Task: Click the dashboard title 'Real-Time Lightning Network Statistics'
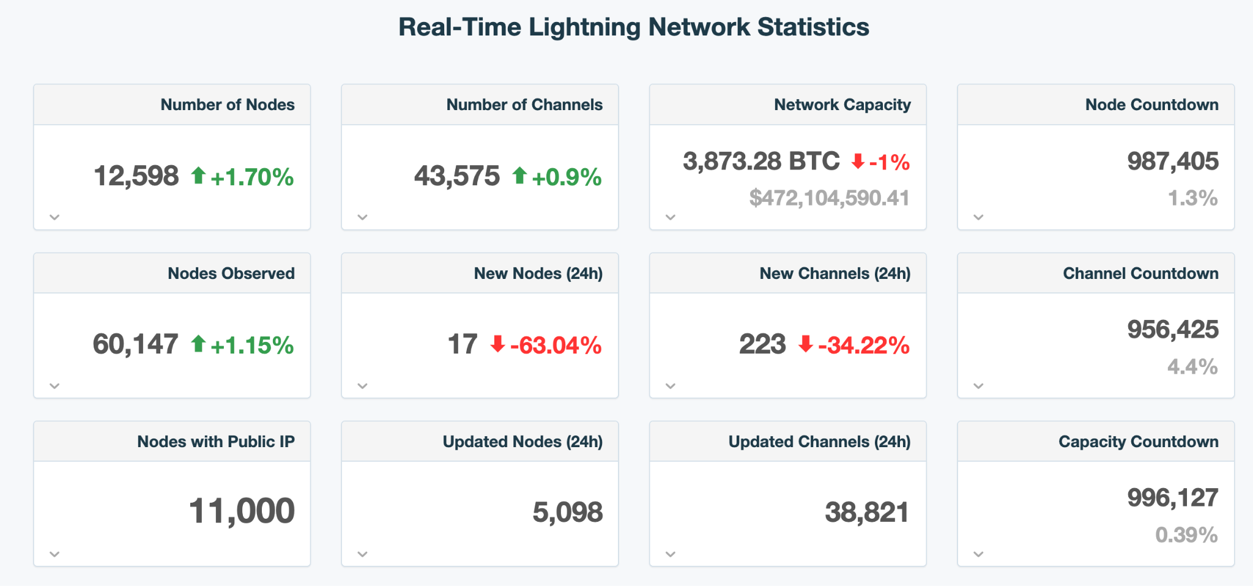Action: tap(633, 28)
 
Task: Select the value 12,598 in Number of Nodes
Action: tap(136, 176)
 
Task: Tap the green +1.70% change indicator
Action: tap(251, 177)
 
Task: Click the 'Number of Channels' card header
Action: tap(524, 105)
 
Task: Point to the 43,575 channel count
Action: tap(456, 176)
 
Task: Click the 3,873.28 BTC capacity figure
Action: tap(761, 161)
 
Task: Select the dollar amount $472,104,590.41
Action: tap(829, 198)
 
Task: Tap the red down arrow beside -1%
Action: tap(858, 161)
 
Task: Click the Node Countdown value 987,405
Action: tap(1172, 161)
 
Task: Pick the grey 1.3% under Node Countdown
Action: tap(1192, 198)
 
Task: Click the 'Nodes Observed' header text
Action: tap(231, 273)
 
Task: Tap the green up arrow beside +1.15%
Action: tap(198, 344)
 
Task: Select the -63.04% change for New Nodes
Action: tap(556, 346)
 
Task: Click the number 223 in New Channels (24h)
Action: tap(762, 344)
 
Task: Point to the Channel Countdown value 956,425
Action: tap(1172, 330)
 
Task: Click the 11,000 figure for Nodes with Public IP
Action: tap(241, 511)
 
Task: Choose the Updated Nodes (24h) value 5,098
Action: tap(567, 513)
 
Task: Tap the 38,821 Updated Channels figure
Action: tap(866, 513)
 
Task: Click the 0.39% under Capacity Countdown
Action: tap(1186, 535)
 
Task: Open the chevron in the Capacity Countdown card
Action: tap(978, 554)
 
